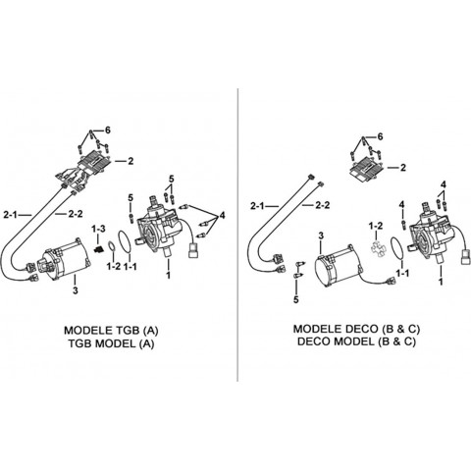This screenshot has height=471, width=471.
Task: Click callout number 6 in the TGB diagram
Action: [x=107, y=131]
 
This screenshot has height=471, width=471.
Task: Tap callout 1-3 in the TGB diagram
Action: [x=98, y=229]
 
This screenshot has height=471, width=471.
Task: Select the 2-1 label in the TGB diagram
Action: [x=11, y=215]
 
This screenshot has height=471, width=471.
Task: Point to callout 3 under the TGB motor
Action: [x=76, y=290]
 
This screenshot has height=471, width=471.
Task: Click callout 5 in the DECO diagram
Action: [x=296, y=299]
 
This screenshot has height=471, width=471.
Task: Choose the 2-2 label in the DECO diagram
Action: [x=322, y=205]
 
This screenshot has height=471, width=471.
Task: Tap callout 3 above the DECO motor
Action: [x=321, y=235]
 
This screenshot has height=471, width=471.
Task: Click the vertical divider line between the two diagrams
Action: [x=237, y=235]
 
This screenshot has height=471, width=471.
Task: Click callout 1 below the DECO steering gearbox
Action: [x=441, y=281]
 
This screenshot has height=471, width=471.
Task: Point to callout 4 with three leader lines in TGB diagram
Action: [x=223, y=215]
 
